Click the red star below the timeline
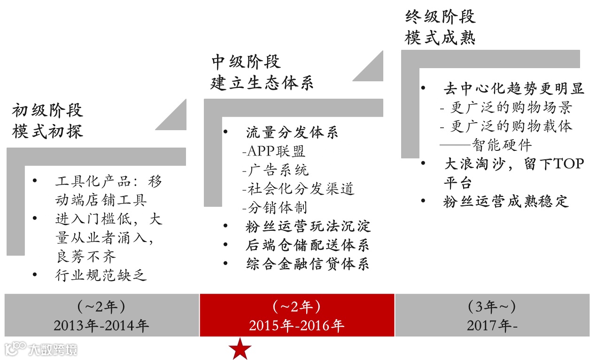tap(240, 349)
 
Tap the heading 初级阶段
tap(47, 110)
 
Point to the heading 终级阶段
tap(440, 17)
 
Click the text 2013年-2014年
tap(101, 326)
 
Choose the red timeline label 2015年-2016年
tap(296, 326)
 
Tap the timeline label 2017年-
tap(492, 326)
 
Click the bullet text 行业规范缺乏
tap(101, 275)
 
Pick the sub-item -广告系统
tap(275, 170)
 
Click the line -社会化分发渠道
tap(298, 188)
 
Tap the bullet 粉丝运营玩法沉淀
tap(308, 226)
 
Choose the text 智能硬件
tap(502, 144)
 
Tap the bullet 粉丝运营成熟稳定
tap(506, 202)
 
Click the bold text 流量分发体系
tap(292, 133)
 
